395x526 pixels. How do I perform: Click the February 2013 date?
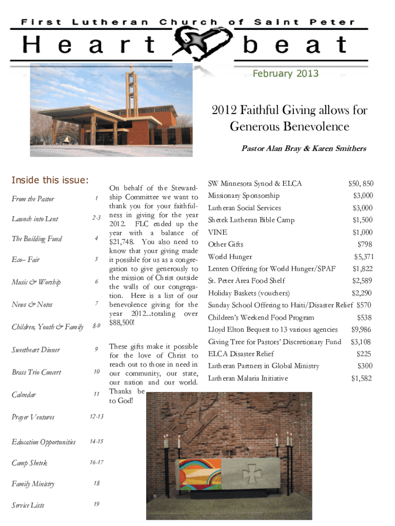pos(285,73)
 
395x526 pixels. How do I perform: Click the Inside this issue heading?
pos(50,180)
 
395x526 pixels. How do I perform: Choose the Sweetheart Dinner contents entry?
pos(36,350)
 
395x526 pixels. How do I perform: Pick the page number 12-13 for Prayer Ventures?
pos(96,416)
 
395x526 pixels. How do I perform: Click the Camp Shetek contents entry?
pos(29,463)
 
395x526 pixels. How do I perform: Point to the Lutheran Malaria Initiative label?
pos(248,379)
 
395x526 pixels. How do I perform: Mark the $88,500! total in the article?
pos(122,323)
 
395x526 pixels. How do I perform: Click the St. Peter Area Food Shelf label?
pos(246,281)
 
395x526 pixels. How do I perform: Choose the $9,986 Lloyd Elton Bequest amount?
pos(361,330)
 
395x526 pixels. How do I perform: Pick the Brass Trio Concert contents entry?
pos(36,372)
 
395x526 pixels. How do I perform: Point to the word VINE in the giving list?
pos(218,232)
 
